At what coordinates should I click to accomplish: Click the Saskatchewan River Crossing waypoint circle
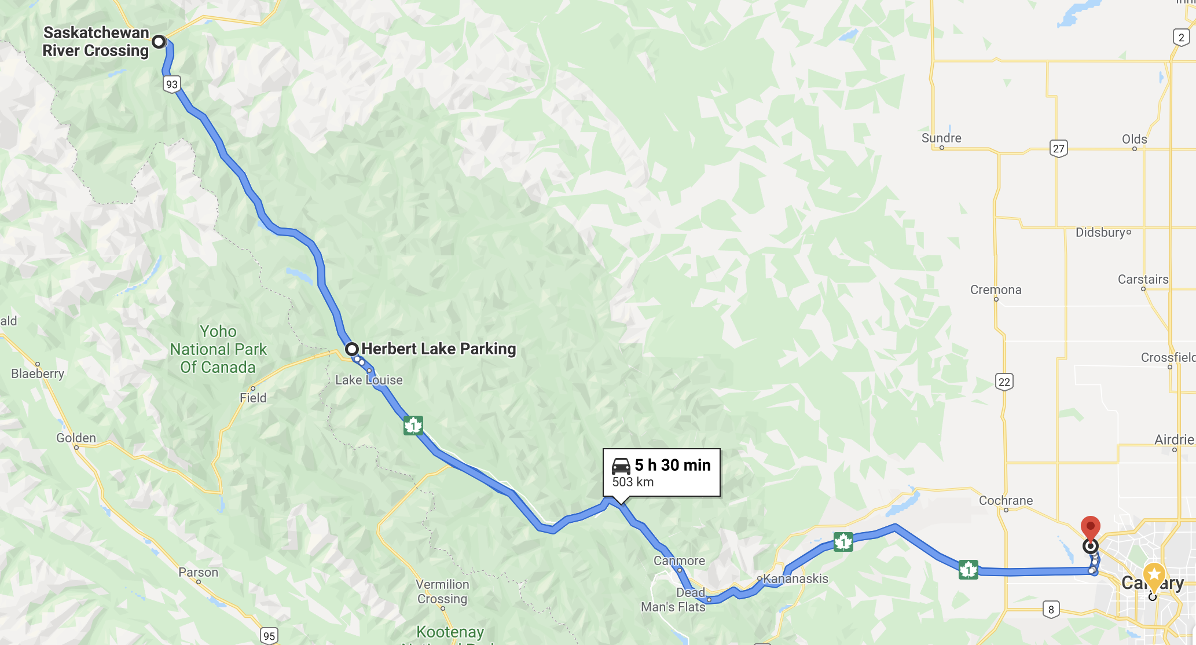tap(159, 42)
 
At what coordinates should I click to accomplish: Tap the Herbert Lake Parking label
tap(438, 349)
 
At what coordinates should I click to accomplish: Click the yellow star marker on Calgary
tap(1154, 575)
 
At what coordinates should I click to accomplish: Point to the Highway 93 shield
tap(172, 85)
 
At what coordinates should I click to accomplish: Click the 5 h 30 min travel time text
tap(672, 465)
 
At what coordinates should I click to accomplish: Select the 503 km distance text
tap(633, 482)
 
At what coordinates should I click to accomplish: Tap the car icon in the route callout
tap(621, 466)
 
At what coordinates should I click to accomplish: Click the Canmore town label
tap(679, 560)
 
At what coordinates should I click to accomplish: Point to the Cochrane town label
tap(1006, 500)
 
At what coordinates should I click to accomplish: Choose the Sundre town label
tap(941, 138)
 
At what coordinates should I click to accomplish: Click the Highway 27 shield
tap(1058, 149)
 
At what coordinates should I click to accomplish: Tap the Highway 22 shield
tap(1004, 382)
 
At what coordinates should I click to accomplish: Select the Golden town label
tap(76, 438)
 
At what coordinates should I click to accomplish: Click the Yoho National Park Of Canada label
tap(218, 349)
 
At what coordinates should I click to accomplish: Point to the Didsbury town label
tap(1100, 232)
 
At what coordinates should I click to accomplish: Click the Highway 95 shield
tap(269, 636)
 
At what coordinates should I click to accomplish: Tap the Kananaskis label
tap(795, 578)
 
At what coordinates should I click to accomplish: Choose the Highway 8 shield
tap(1051, 609)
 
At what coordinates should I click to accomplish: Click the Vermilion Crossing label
tap(442, 591)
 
